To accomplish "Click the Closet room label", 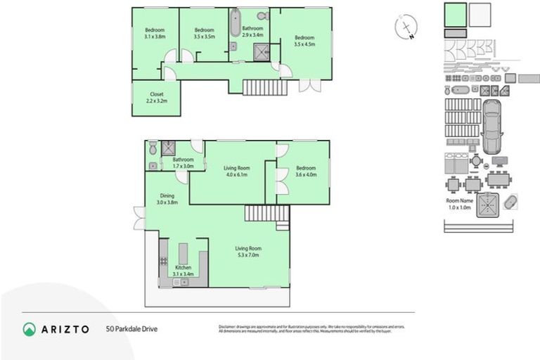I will click(x=156, y=98).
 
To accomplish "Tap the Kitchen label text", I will click(x=183, y=271).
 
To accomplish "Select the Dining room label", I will click(x=167, y=199).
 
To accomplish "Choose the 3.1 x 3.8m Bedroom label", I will click(x=155, y=32).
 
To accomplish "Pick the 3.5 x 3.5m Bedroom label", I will click(x=204, y=32).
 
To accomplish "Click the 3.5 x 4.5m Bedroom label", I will click(x=304, y=40).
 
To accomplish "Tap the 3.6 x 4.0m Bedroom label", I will click(x=306, y=171).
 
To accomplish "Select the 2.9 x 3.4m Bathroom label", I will click(x=252, y=31).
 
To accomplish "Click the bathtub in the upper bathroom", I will click(x=234, y=22).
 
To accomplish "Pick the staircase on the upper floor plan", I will click(x=265, y=88).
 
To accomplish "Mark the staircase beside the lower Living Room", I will click(x=268, y=213).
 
